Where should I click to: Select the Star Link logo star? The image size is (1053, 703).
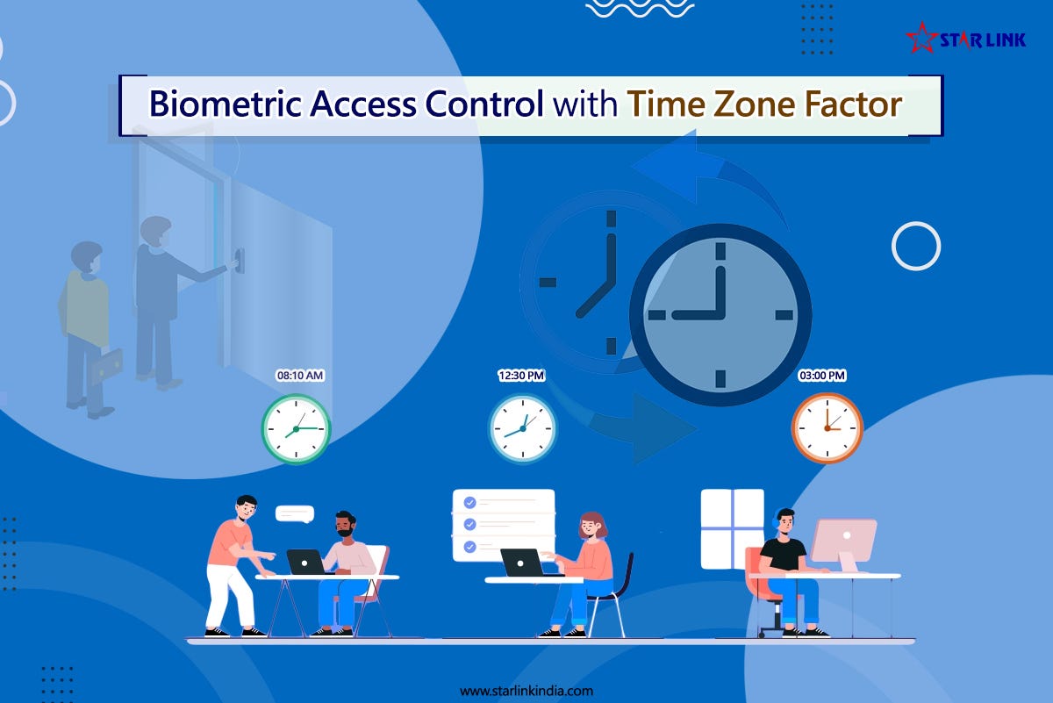pos(921,37)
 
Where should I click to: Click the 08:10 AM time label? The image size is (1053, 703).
pos(300,376)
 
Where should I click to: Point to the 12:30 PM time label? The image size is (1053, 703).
pos(521,376)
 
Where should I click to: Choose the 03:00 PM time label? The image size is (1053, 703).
pos(821,376)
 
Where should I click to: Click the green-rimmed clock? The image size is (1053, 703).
pos(297,429)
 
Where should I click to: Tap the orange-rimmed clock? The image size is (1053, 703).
pos(827,427)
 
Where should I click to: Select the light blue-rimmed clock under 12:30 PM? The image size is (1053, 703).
pos(522,429)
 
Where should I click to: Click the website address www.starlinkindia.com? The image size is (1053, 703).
pos(526,691)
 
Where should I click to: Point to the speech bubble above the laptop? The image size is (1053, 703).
pos(294,513)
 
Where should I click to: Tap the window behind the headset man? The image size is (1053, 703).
pos(732,528)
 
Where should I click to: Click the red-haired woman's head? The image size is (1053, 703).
pos(594,525)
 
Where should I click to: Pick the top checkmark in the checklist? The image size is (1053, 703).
pos(469,502)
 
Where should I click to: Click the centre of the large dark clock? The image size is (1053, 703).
pos(720,314)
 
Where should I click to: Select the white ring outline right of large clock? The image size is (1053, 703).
pos(915,246)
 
